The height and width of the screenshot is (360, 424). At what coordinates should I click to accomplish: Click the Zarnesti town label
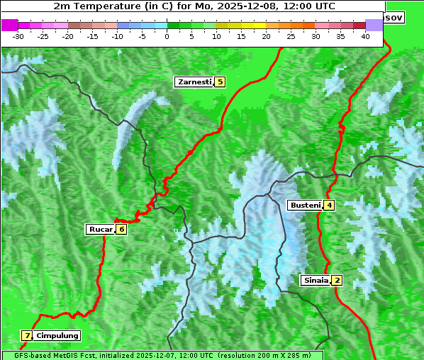(195, 82)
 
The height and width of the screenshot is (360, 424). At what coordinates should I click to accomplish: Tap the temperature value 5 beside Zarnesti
(220, 82)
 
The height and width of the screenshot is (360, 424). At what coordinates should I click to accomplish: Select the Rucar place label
(100, 229)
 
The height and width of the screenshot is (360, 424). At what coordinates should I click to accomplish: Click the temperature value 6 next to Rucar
(121, 229)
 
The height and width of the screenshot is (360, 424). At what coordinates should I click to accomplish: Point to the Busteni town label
(305, 206)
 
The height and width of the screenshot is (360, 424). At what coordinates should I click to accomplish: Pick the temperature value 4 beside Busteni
(329, 206)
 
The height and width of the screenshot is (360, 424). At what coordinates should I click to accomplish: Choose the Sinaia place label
(316, 280)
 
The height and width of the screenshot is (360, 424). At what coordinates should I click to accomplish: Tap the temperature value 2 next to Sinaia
(337, 280)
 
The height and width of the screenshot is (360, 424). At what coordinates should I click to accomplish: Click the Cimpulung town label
(57, 335)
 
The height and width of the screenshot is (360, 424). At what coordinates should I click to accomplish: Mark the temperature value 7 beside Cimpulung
(27, 335)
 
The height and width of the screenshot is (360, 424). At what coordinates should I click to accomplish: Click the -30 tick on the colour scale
(18, 35)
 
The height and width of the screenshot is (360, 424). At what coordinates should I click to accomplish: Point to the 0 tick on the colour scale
(167, 35)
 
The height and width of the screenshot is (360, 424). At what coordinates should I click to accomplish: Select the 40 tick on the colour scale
(365, 35)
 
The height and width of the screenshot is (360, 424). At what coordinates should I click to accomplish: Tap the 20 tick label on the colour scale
(266, 35)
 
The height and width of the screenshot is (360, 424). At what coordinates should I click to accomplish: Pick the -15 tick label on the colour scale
(93, 35)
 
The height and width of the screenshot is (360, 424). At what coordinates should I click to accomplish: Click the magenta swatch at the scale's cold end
(9, 25)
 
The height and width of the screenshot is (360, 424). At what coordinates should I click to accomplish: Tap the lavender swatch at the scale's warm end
(374, 25)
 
